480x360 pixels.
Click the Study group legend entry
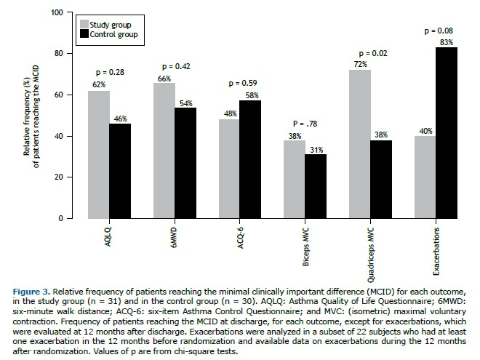[109, 25]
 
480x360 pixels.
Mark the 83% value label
[447, 42]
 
